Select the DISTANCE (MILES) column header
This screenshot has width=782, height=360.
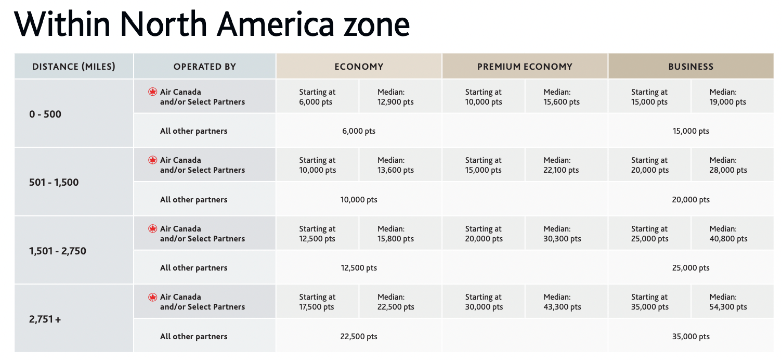pyautogui.click(x=74, y=67)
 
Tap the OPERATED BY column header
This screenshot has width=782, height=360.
pyautogui.click(x=205, y=67)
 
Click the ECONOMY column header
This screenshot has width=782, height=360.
pyautogui.click(x=359, y=67)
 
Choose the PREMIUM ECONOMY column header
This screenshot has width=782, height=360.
pyautogui.click(x=525, y=67)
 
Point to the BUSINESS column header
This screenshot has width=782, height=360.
pyautogui.click(x=690, y=67)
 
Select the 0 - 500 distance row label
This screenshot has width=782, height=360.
pyautogui.click(x=45, y=114)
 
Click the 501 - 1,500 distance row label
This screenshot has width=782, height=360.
pyautogui.click(x=54, y=183)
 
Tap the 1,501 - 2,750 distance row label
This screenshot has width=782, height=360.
pyautogui.click(x=58, y=251)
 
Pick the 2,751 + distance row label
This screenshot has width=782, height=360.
pyautogui.click(x=45, y=319)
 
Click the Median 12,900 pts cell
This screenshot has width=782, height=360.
pyautogui.click(x=395, y=97)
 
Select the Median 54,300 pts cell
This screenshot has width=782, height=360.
pyautogui.click(x=728, y=302)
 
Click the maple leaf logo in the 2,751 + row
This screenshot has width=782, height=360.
pyautogui.click(x=152, y=297)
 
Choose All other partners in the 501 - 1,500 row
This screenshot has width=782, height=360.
pyautogui.click(x=193, y=200)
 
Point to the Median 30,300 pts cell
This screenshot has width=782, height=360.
pyautogui.click(x=562, y=234)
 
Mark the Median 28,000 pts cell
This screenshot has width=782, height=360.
pyautogui.click(x=728, y=165)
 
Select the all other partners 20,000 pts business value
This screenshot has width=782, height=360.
pyautogui.click(x=690, y=200)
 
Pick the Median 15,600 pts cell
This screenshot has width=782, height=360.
pyautogui.click(x=562, y=97)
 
